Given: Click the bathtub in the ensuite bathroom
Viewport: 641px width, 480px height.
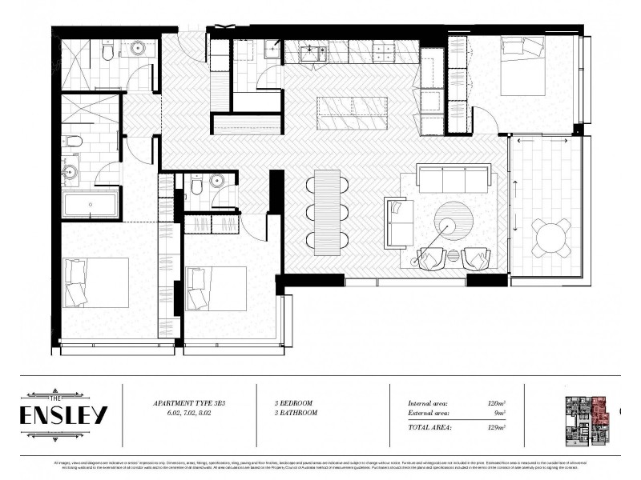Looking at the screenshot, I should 91,204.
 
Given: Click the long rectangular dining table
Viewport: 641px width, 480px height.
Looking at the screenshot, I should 327,211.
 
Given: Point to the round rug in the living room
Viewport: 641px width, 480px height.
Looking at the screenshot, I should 456,219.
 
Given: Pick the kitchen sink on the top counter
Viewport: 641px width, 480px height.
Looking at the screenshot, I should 312,53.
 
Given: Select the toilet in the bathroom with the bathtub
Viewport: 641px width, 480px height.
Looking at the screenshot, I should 73,142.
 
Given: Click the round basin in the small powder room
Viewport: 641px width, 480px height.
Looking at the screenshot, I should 216,182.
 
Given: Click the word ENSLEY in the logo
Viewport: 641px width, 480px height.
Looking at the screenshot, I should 64,416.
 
